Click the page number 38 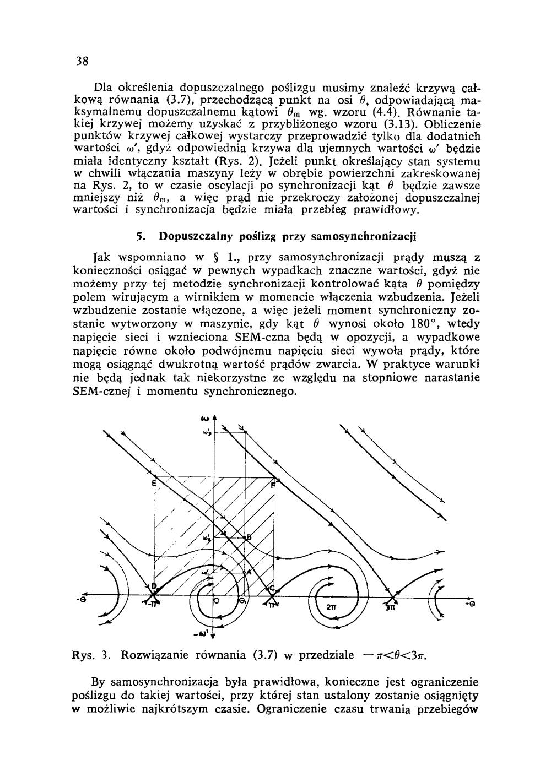click(83, 61)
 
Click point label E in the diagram click(154, 484)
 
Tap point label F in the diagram click(273, 485)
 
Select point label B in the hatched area click(249, 537)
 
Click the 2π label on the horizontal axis click(331, 607)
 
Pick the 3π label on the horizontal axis click(390, 608)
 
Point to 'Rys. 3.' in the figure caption click(93, 655)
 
